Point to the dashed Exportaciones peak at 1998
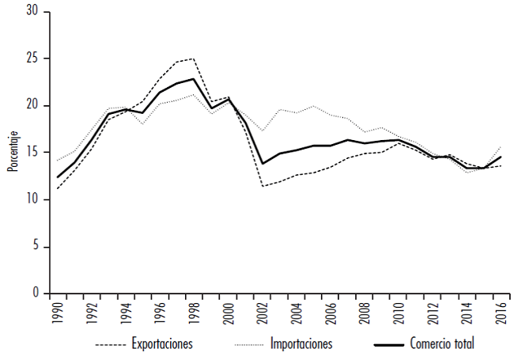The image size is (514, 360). click(x=194, y=59)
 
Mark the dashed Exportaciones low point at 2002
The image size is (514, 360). click(x=263, y=186)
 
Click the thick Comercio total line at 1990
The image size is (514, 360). click(x=58, y=177)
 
